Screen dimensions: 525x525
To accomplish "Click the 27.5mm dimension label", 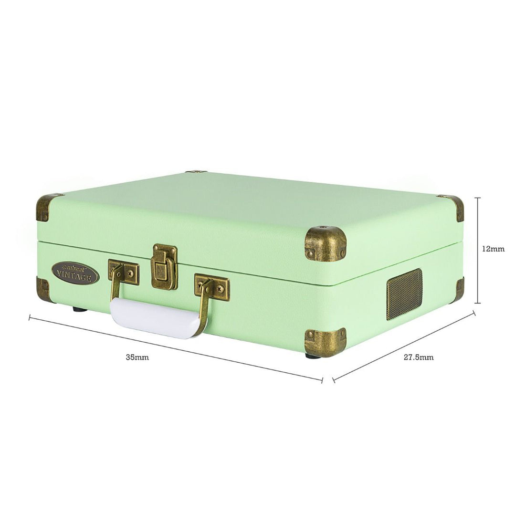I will pyautogui.click(x=418, y=357).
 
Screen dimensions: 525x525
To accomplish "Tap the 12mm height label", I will pyautogui.click(x=493, y=249).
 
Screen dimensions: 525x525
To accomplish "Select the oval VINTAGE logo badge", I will pyautogui.click(x=75, y=273).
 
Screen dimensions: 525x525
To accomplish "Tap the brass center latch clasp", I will pyautogui.click(x=164, y=266).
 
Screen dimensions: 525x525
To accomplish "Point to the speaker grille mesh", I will pyautogui.click(x=404, y=293).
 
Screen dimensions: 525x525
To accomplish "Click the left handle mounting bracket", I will pyautogui.click(x=124, y=272).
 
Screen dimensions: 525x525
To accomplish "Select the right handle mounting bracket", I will pyautogui.click(x=212, y=287).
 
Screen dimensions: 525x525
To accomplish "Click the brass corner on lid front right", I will pyautogui.click(x=325, y=243).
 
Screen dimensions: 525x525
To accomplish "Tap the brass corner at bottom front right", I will pyautogui.click(x=325, y=342).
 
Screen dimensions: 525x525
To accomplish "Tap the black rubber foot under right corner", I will pyautogui.click(x=313, y=356).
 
